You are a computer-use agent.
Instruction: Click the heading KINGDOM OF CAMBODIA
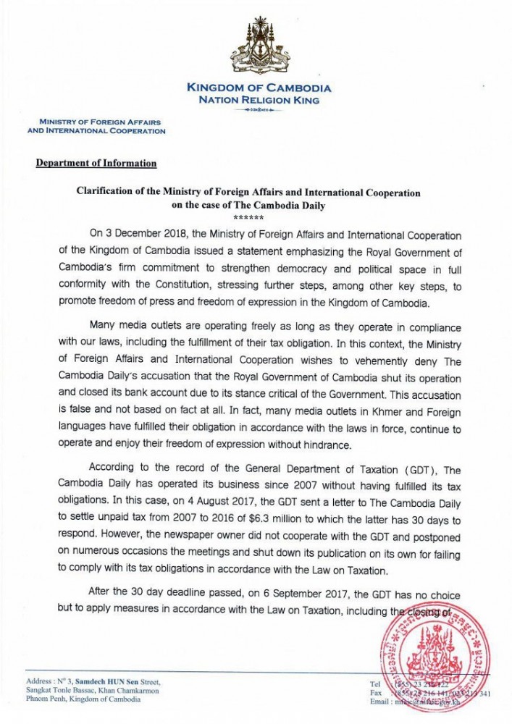click(x=259, y=88)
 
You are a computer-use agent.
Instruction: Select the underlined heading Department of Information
click(x=96, y=163)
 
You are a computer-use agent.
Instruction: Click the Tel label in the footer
click(x=376, y=683)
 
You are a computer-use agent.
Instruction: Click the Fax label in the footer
click(x=376, y=691)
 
